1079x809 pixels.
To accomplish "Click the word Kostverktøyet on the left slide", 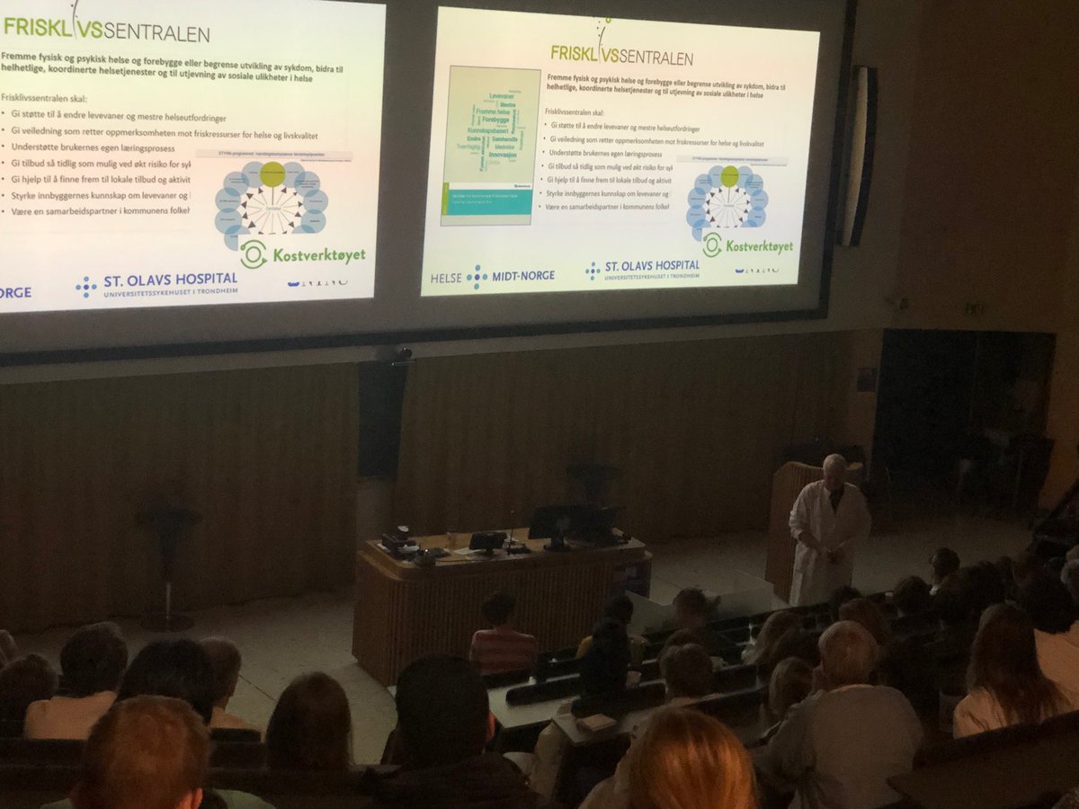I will click(x=320, y=255).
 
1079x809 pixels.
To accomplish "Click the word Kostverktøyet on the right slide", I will click(x=759, y=245).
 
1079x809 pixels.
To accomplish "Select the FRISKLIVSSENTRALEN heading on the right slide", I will click(x=621, y=54).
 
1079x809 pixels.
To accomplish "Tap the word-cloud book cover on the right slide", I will click(x=490, y=145).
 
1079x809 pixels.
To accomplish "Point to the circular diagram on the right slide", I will click(x=727, y=202).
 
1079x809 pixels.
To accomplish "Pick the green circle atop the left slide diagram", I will click(x=272, y=174).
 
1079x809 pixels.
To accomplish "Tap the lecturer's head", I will click(x=834, y=468).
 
